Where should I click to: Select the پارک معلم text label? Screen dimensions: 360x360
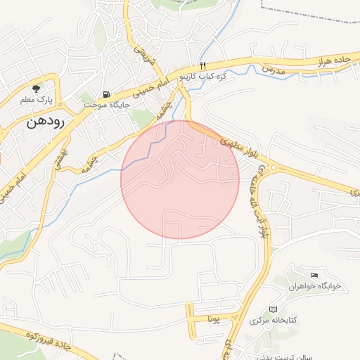(x=37, y=100)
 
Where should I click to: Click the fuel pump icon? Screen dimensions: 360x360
(x=106, y=94)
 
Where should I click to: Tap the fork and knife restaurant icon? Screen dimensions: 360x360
(x=202, y=65)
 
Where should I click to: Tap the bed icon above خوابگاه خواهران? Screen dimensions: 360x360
(x=314, y=274)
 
